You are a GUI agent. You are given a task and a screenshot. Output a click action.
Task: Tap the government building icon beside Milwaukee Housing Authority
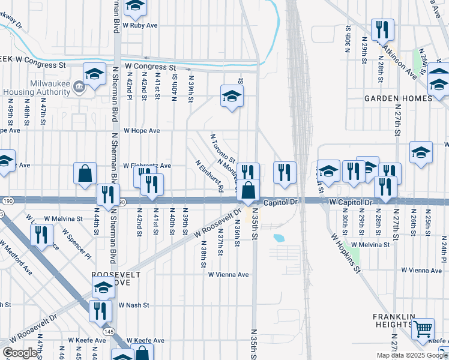click(79, 88)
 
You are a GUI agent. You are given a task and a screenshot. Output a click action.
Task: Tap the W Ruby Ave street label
click(140, 26)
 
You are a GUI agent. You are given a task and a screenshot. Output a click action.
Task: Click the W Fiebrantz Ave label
click(147, 166)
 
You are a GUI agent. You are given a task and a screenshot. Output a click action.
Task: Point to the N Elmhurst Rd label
click(209, 175)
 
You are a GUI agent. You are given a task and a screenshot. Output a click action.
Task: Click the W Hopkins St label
click(345, 253)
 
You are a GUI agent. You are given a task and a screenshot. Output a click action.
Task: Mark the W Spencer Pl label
click(78, 247)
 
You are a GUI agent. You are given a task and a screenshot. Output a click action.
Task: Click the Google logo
click(20, 353)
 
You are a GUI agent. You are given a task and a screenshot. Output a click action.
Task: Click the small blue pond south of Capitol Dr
click(279, 238)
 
